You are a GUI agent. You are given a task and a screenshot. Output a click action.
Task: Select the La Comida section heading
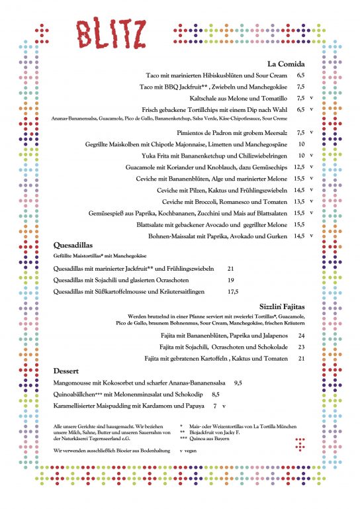(x=285, y=64)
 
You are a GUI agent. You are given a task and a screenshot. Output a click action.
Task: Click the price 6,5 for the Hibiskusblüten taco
(x=300, y=75)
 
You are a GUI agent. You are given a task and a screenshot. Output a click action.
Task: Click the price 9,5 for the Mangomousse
(x=257, y=383)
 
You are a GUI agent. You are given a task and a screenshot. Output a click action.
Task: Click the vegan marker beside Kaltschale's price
(x=311, y=98)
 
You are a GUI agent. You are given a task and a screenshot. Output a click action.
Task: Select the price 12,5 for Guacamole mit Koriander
(x=298, y=167)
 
